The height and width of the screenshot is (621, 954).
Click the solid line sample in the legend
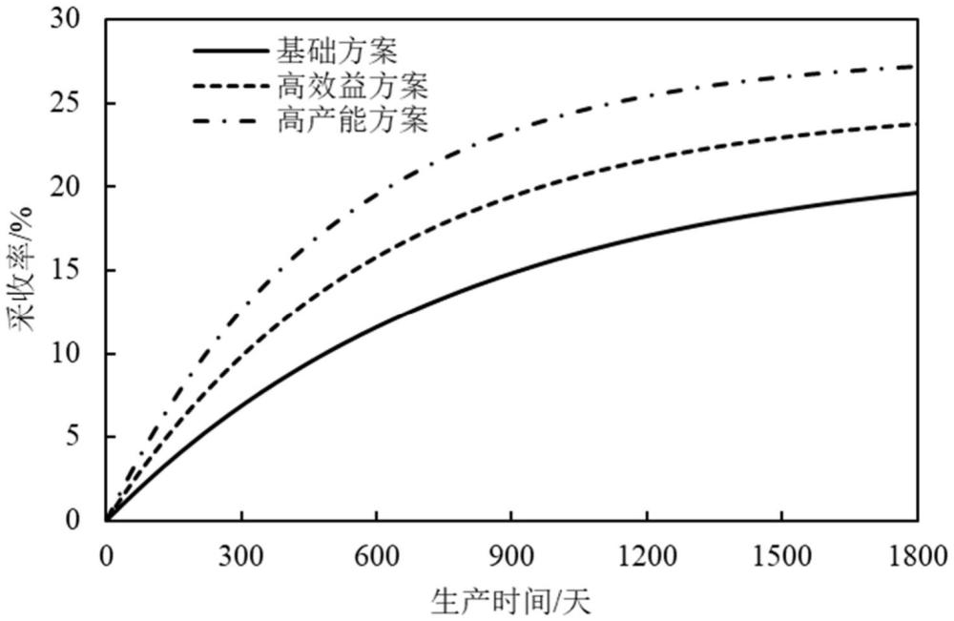(x=230, y=51)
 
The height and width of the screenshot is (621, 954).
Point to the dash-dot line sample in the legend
(x=230, y=121)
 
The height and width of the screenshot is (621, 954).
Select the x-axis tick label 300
(x=240, y=553)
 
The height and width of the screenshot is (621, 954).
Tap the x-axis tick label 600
(x=376, y=553)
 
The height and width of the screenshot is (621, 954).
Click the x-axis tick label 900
(x=511, y=553)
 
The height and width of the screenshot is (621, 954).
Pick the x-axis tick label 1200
(x=647, y=553)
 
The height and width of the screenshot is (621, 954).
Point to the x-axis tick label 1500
(x=782, y=553)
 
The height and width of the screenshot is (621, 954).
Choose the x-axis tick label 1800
(x=917, y=553)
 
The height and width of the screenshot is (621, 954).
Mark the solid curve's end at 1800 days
(x=917, y=193)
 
